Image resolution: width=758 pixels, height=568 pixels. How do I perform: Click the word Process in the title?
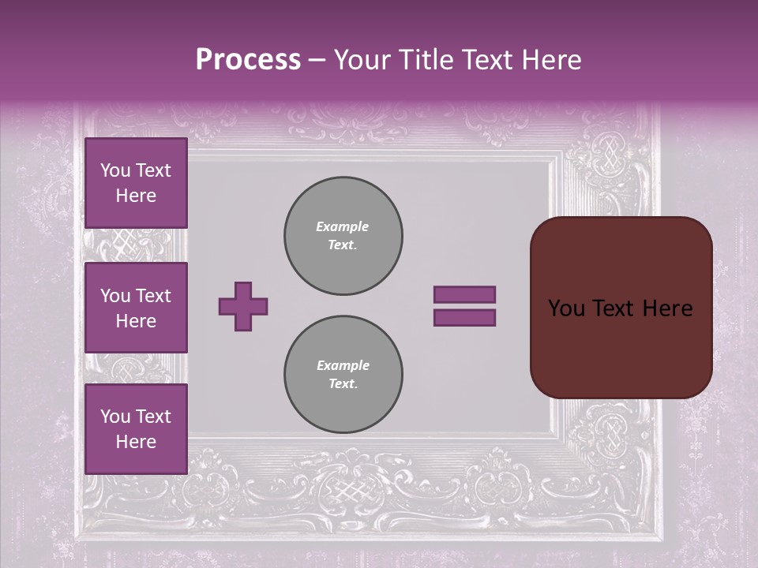pos(248,60)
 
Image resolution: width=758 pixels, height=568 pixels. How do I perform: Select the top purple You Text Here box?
pos(136,183)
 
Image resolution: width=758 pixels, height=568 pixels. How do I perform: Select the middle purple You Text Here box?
pos(136,308)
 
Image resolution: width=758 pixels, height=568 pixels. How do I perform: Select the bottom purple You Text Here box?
pos(136,428)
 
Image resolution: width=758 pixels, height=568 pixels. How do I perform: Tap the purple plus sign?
pos(243,306)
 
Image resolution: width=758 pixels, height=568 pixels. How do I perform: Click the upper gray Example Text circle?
pos(343,236)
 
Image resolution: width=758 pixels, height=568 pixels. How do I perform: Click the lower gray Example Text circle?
pos(343,375)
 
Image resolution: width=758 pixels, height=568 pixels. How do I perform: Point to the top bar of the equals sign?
pos(464,294)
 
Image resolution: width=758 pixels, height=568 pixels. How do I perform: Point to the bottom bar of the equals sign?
pos(464,318)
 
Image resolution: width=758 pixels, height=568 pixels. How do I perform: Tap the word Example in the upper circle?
pos(342,226)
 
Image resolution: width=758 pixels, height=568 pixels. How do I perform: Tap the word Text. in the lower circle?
pos(343,384)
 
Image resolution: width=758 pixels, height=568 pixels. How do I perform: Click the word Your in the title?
pos(363,60)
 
